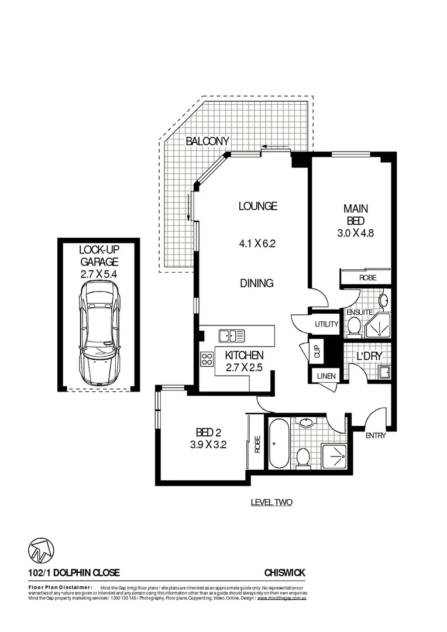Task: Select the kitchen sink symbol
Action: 232,336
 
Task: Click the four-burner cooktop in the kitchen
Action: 207,359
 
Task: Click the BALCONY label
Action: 207,141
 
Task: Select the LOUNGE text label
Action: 257,206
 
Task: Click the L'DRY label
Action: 367,356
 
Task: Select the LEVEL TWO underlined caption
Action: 271,502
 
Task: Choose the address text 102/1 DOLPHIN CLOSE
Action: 74,573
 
